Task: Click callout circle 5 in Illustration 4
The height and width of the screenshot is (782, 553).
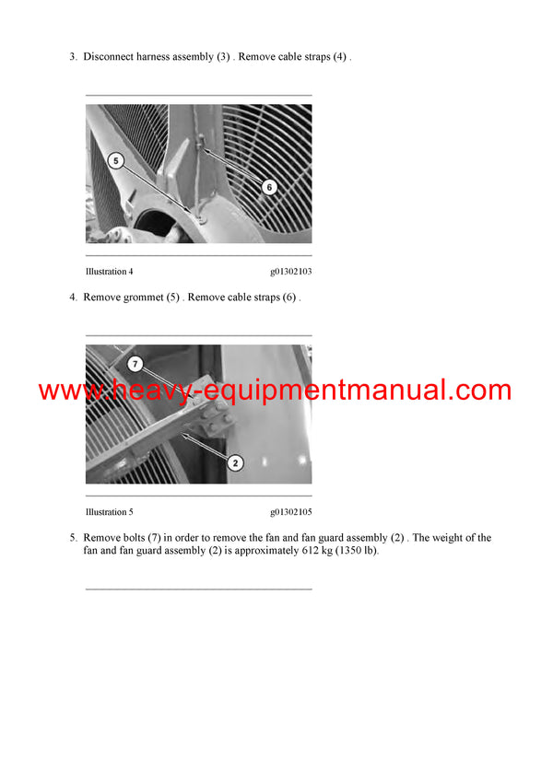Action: coord(115,161)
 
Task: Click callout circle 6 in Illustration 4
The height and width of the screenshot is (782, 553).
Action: coord(268,187)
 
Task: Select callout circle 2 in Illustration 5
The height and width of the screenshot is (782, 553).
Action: coord(235,462)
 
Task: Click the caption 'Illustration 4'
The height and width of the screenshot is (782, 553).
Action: coord(110,272)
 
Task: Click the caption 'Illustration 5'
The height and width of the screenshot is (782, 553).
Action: coord(110,512)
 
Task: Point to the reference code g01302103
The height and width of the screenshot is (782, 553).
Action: coord(290,272)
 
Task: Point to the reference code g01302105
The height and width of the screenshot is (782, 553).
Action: coord(290,512)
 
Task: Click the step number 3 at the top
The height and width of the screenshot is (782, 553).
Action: coord(73,57)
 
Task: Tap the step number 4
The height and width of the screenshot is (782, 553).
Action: coord(73,298)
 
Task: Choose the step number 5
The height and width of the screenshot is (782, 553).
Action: coord(73,538)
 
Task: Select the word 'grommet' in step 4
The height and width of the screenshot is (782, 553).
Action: coord(140,298)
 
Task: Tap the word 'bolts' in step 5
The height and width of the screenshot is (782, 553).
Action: coord(132,538)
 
